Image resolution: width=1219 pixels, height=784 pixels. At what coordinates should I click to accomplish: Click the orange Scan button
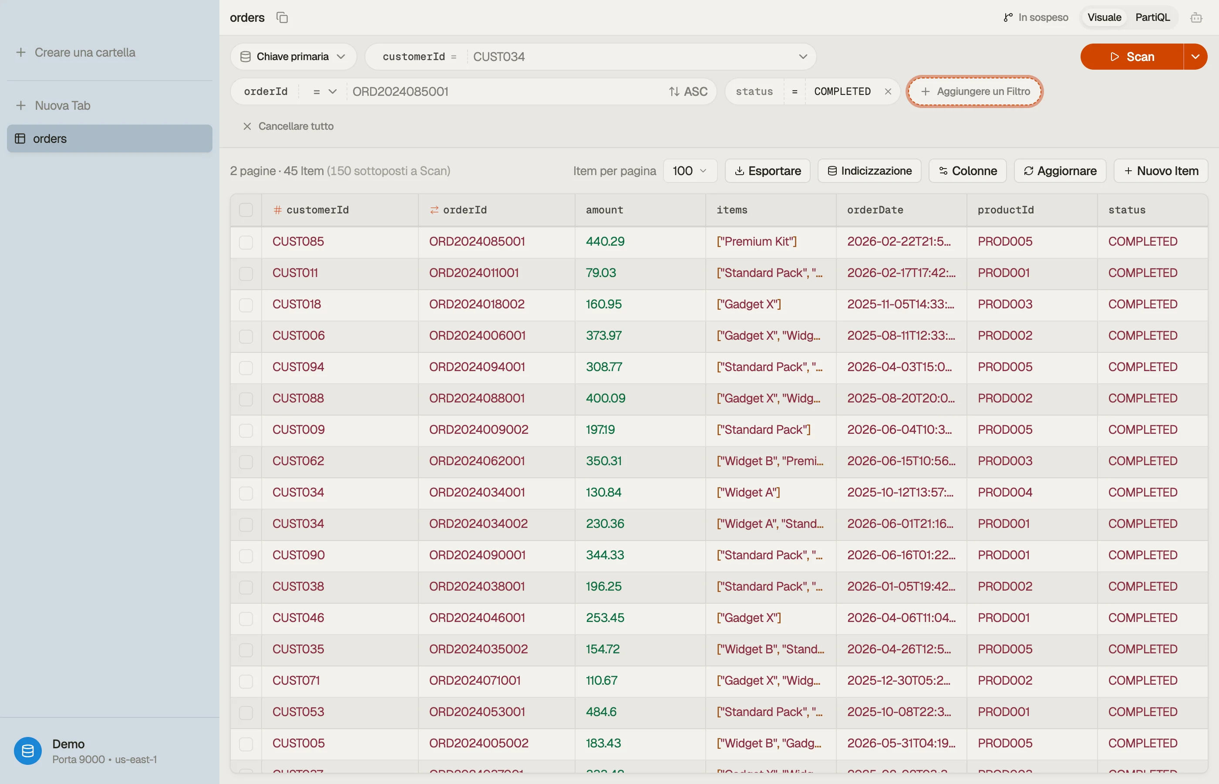1131,57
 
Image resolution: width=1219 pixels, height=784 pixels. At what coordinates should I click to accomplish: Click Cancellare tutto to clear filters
289,126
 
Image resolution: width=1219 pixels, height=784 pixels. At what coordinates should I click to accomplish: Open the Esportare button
768,171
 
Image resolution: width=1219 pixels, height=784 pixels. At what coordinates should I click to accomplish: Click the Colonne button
968,171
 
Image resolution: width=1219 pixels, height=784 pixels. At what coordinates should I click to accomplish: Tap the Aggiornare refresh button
1060,171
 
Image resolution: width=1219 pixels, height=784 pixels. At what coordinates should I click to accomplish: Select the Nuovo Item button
1161,171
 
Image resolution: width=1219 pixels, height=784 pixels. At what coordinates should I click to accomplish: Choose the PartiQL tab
1153,17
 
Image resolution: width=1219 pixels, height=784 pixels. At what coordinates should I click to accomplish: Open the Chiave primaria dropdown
293,57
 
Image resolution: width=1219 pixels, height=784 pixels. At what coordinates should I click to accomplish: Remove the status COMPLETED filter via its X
888,91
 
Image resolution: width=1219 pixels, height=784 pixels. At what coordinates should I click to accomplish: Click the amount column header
604,210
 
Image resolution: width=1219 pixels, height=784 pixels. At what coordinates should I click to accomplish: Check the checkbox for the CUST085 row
246,242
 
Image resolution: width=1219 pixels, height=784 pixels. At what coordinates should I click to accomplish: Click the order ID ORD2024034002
478,524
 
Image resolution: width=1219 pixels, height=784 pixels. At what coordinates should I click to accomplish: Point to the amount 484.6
601,712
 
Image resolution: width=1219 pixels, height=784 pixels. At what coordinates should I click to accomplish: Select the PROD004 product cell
1005,492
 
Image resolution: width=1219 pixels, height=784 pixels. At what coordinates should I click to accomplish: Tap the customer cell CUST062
298,461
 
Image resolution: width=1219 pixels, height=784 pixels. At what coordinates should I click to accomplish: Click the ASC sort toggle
688,91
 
